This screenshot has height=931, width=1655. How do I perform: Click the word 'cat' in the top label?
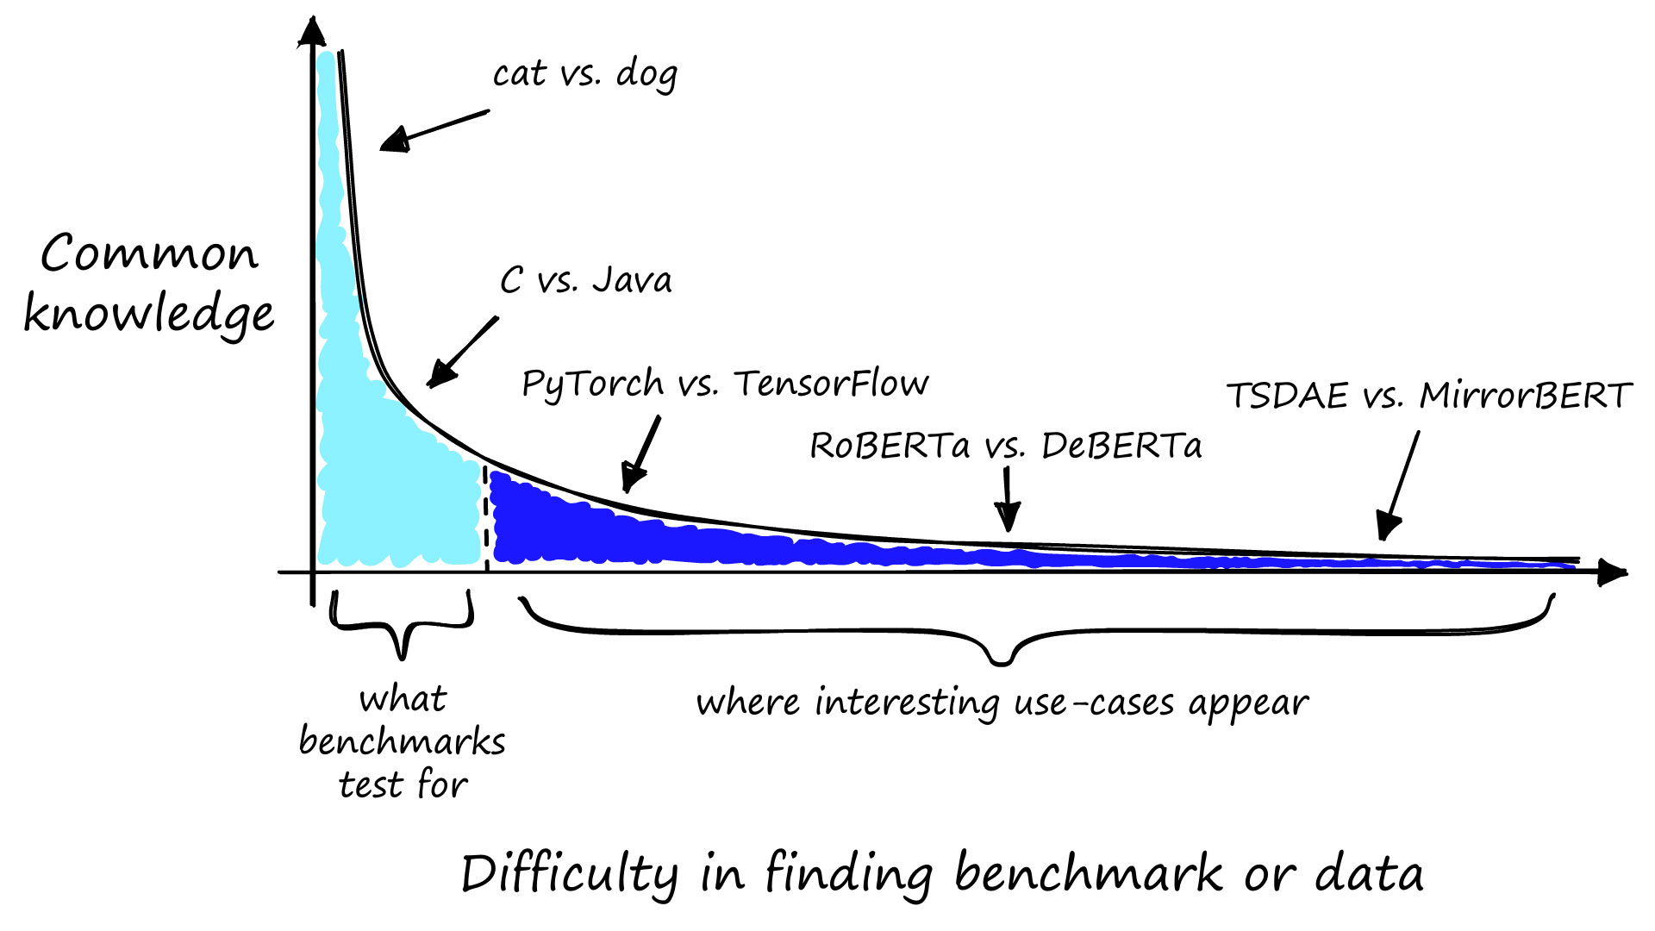pos(520,74)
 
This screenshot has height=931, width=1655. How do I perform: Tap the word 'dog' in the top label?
pos(646,76)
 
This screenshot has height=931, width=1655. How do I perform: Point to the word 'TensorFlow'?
pos(831,383)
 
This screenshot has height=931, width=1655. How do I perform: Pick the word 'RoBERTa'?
pos(890,446)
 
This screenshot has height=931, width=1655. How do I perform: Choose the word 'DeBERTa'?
pos(1121,446)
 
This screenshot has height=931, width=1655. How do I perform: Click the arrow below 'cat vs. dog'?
pos(434,130)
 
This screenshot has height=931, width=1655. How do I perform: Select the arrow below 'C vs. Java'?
pos(462,352)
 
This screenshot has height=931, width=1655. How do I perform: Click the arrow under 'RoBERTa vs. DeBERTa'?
pos(1007,500)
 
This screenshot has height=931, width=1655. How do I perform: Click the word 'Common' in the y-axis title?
pos(149,253)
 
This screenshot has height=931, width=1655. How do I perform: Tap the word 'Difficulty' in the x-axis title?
pos(569,874)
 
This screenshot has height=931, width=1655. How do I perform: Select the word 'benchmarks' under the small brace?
pos(402,741)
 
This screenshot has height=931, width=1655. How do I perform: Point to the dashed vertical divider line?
pos(486,517)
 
